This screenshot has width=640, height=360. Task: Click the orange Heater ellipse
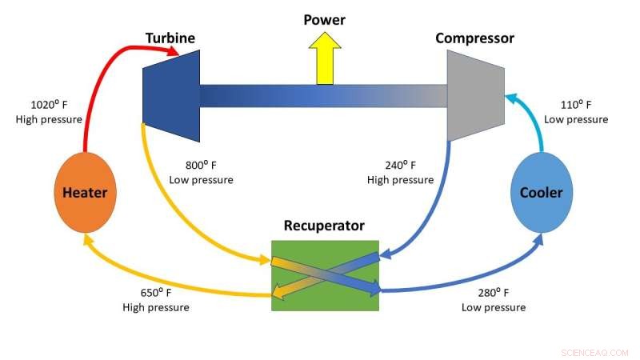pos(84,193)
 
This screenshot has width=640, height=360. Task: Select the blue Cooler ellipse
pos(542,193)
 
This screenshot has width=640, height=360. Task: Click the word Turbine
pos(170,38)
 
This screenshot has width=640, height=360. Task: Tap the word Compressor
pos(474,38)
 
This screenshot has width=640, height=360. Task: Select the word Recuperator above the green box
pos(324,226)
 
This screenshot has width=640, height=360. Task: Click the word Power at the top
pos(325,18)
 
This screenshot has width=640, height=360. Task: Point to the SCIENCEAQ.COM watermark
pos(595,351)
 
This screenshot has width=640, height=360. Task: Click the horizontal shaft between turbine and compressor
pos(320,95)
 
